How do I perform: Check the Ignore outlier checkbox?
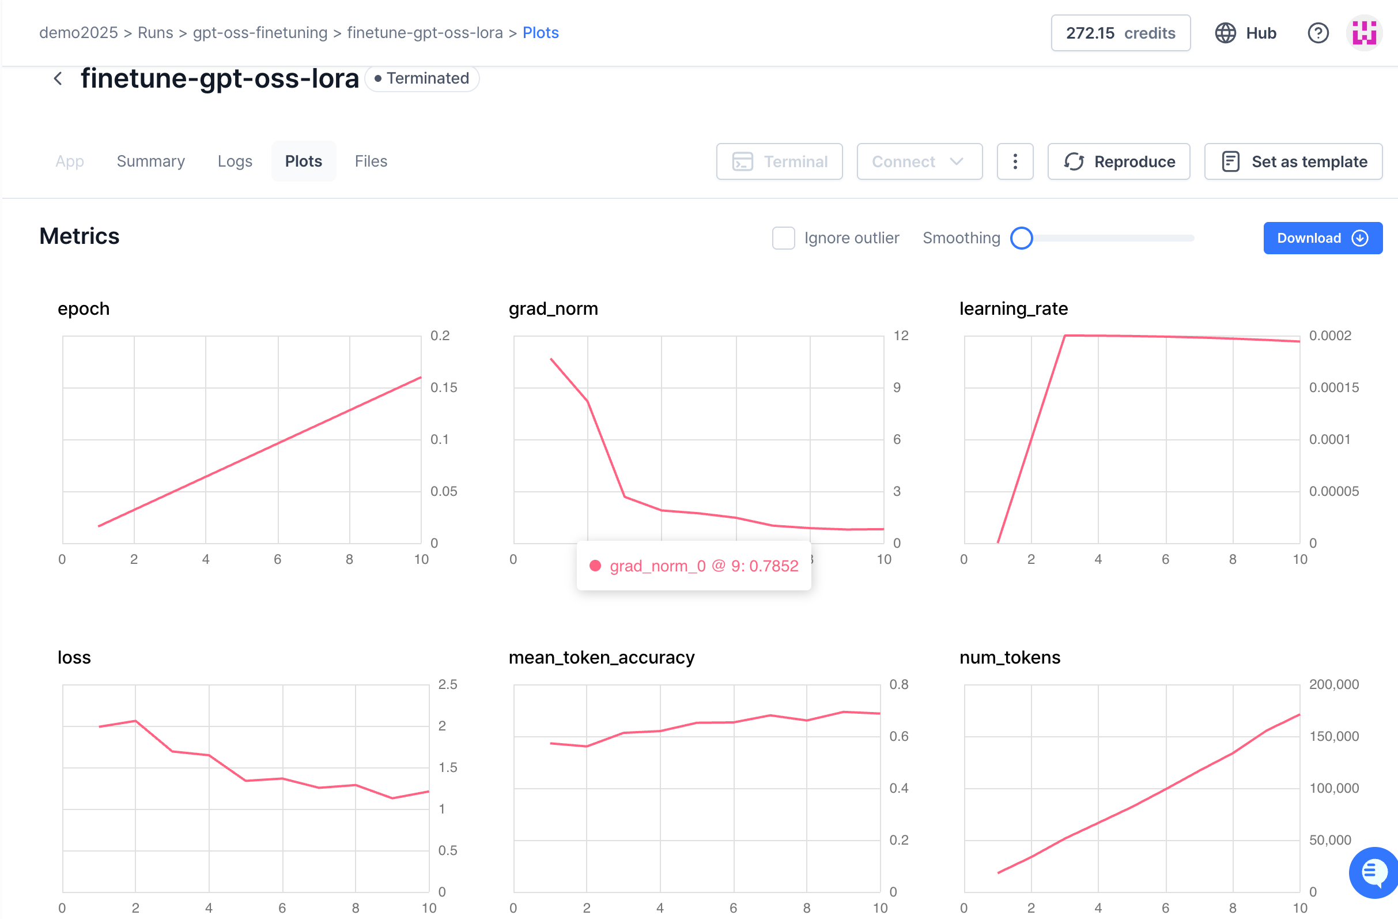click(x=783, y=238)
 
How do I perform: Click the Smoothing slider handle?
click(x=1021, y=238)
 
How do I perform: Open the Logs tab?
click(x=235, y=161)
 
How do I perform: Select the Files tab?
click(x=371, y=161)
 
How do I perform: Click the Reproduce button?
click(x=1119, y=161)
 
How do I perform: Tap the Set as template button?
click(x=1293, y=161)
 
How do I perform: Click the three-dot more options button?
click(x=1014, y=161)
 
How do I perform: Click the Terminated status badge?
click(x=422, y=78)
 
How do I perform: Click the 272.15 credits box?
click(x=1120, y=33)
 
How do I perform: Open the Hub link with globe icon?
click(x=1245, y=33)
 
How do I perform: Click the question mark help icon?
click(x=1317, y=33)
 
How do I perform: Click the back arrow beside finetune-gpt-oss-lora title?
click(x=58, y=78)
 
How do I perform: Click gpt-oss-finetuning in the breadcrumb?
click(x=260, y=32)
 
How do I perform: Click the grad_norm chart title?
click(x=553, y=308)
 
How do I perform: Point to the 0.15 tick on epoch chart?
click(x=444, y=387)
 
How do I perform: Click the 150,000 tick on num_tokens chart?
click(x=1333, y=736)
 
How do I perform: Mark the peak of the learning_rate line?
click(x=1065, y=336)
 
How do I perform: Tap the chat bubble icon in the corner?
click(x=1373, y=872)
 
